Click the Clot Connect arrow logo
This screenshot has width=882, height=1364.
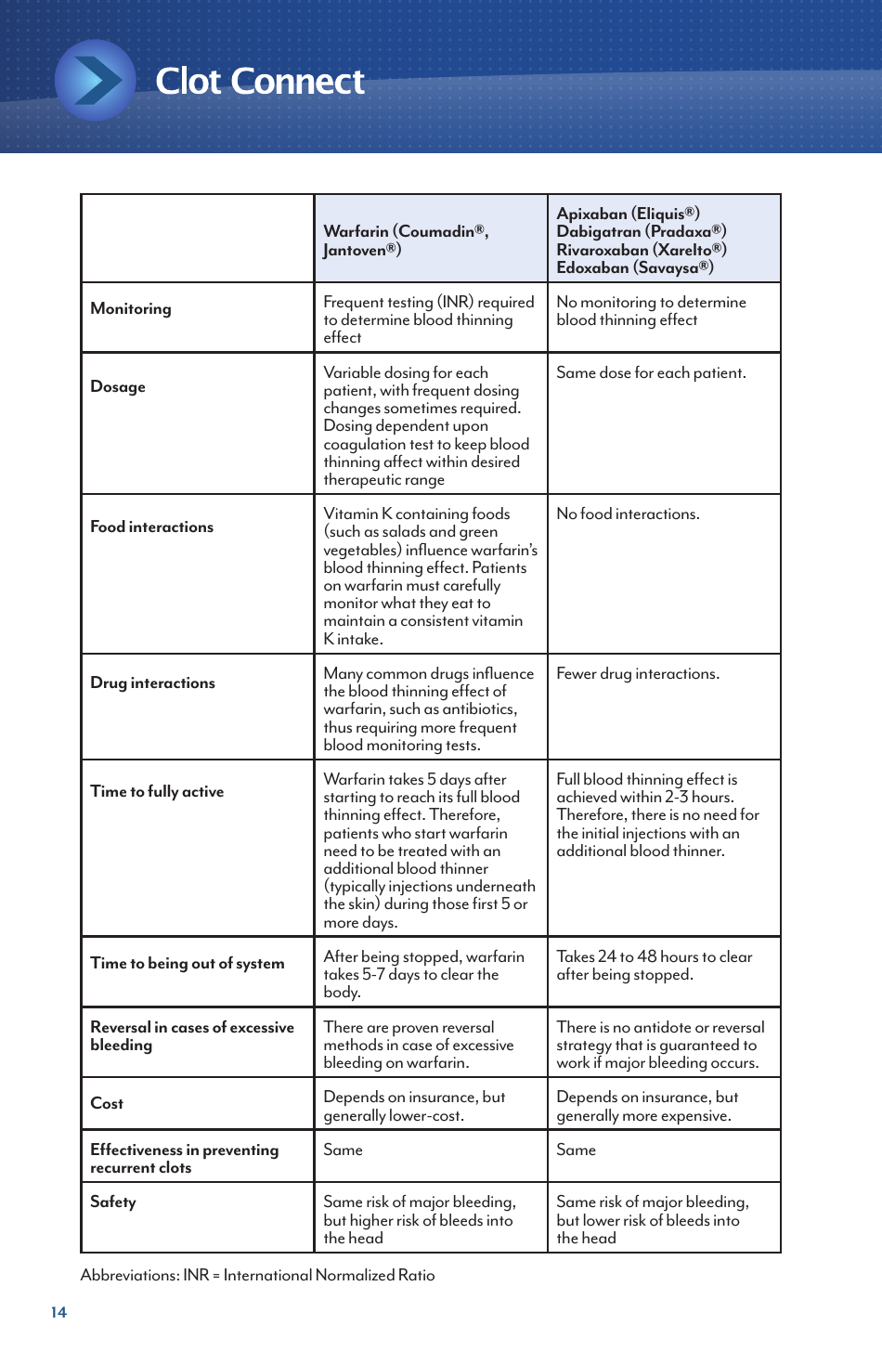click(x=96, y=81)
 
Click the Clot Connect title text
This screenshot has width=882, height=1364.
click(x=259, y=82)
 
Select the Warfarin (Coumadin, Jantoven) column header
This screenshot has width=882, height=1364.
click(x=406, y=240)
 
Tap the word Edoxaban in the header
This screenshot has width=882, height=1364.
click(x=592, y=267)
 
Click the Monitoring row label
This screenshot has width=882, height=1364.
click(x=131, y=309)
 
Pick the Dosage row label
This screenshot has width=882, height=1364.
click(x=118, y=387)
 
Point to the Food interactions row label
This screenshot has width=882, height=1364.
click(x=151, y=527)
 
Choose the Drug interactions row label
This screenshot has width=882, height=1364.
click(x=152, y=683)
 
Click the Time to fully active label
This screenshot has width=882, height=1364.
click(x=157, y=792)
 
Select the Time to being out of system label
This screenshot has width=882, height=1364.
click(x=187, y=964)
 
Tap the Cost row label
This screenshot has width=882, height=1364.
click(x=107, y=1104)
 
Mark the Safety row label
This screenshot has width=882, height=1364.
click(x=113, y=1202)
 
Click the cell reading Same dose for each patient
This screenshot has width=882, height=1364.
click(x=651, y=373)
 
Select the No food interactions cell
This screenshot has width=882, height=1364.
click(x=628, y=514)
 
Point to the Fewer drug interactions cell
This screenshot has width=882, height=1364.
click(x=637, y=674)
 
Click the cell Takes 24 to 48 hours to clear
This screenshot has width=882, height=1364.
click(x=654, y=966)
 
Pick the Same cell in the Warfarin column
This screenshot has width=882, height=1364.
click(x=343, y=1150)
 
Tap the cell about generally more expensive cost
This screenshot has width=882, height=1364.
click(x=646, y=1107)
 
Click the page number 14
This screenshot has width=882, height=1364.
click(x=58, y=1312)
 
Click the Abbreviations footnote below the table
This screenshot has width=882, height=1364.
click(x=257, y=1276)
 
